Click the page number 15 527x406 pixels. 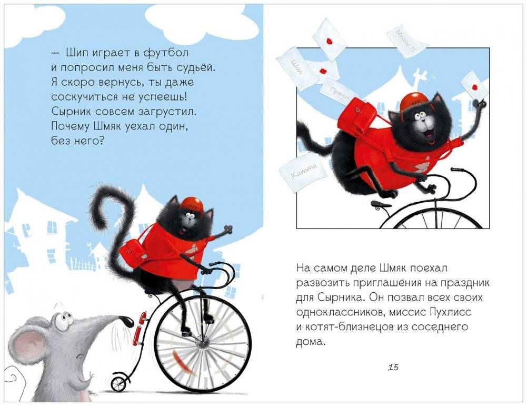pyautogui.click(x=392, y=368)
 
